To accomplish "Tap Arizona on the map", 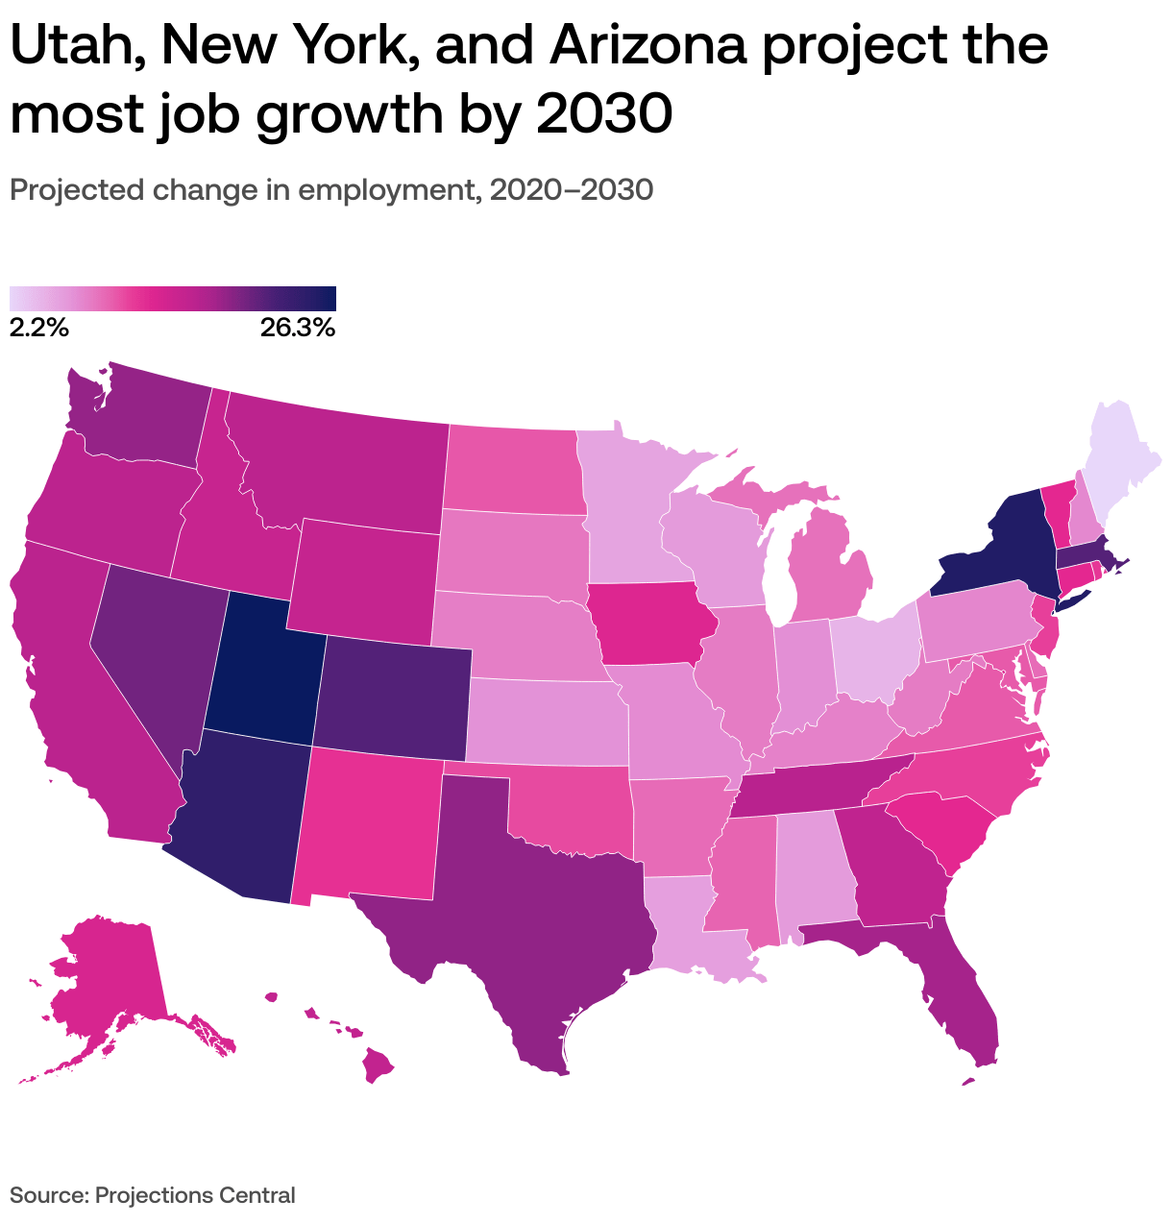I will click(245, 817).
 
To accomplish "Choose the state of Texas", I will click(538, 903).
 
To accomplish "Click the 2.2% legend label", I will click(38, 329).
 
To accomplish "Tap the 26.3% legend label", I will click(297, 329).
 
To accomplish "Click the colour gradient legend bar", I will click(173, 298).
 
